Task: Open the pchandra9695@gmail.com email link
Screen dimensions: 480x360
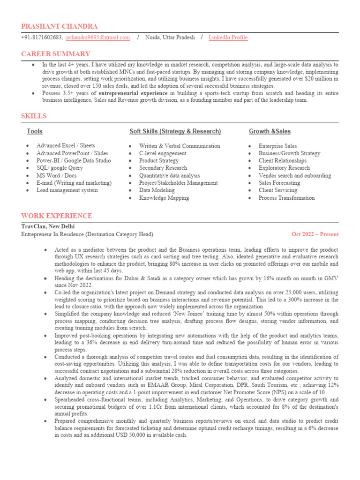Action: click(98, 37)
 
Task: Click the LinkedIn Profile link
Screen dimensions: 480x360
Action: click(228, 37)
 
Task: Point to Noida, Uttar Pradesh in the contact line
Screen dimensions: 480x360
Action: click(170, 37)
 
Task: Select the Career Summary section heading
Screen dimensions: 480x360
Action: click(56, 54)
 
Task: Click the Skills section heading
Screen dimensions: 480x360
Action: click(34, 116)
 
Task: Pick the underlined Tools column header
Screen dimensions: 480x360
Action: click(35, 131)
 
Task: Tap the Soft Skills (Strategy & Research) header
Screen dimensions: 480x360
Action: click(175, 131)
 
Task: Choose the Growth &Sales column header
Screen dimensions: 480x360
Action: click(270, 131)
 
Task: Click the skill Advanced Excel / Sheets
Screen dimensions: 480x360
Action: click(66, 146)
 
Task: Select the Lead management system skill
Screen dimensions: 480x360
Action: click(67, 190)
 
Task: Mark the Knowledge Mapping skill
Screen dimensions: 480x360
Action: click(164, 198)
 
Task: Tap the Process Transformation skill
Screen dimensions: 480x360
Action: click(286, 198)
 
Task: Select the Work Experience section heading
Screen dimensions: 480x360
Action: click(57, 216)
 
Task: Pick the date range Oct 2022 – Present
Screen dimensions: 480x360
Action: click(315, 234)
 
